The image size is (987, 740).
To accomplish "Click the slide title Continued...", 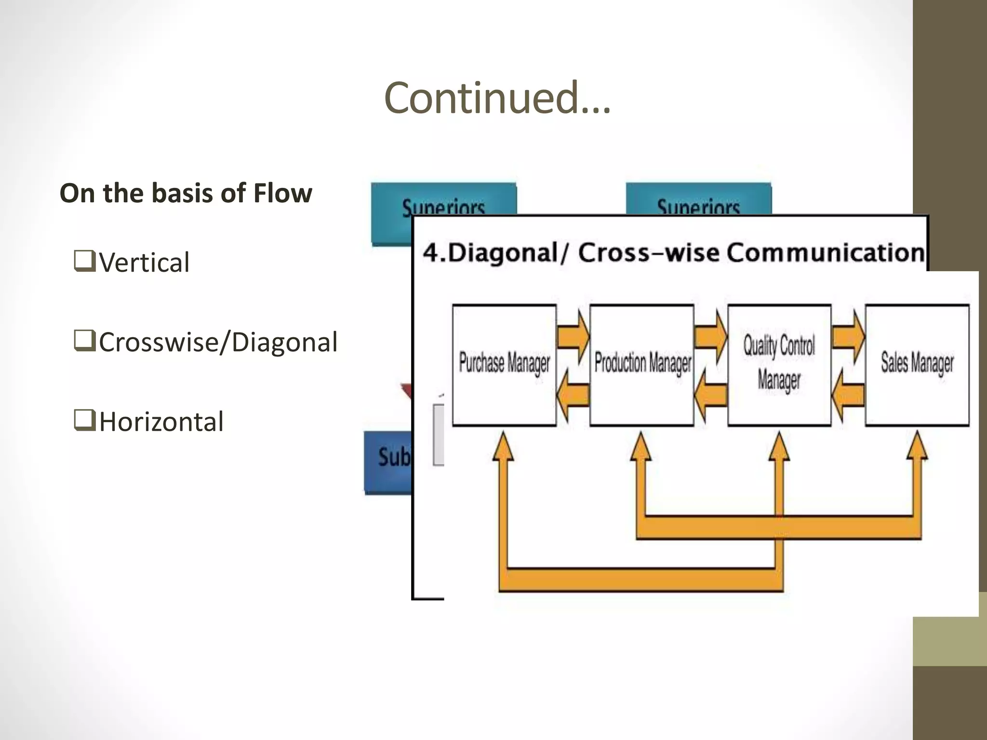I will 497,98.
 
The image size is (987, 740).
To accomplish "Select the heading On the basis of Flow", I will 186,193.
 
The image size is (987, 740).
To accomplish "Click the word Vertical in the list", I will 144,263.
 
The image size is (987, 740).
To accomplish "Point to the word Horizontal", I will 161,422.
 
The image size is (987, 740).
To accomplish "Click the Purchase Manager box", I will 504,365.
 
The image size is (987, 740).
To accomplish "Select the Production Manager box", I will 641,365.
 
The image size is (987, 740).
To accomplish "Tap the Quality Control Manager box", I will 779,365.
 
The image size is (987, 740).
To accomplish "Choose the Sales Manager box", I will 917,365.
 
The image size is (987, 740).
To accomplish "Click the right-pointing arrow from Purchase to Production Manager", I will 574,336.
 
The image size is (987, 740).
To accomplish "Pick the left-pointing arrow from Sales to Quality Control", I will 848,395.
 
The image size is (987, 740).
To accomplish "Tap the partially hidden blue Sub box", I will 388,462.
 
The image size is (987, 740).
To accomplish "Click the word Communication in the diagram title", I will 825,252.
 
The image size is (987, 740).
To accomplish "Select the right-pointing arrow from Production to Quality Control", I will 711,336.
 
